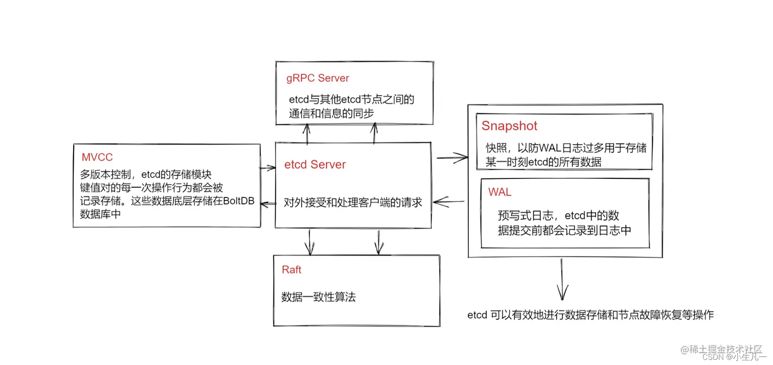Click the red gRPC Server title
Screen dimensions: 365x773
[x=317, y=78]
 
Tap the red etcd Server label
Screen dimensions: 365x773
[x=315, y=165]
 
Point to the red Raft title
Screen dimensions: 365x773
[x=291, y=270]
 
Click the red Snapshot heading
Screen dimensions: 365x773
[x=509, y=126]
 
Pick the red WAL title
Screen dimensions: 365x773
[x=499, y=192]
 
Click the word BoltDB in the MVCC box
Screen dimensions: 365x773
[x=238, y=201]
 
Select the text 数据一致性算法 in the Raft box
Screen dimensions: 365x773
[x=318, y=297]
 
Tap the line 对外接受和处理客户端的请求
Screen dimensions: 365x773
[x=353, y=202]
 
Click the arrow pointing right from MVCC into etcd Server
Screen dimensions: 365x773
[x=267, y=167]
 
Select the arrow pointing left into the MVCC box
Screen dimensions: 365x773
[x=267, y=204]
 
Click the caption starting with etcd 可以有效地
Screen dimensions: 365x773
[x=590, y=315]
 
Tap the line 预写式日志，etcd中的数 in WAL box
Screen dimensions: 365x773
[x=559, y=215]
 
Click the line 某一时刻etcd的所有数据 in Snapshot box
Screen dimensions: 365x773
[x=543, y=162]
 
